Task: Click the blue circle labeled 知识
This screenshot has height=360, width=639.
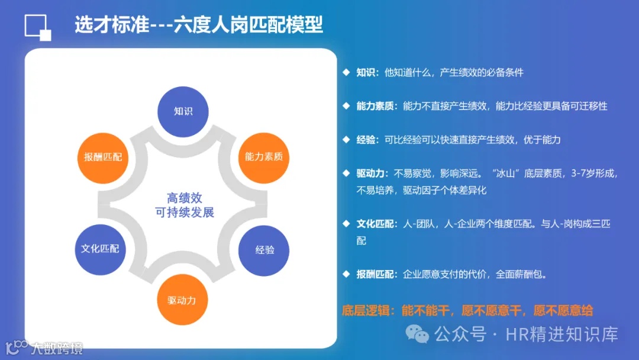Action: pos(183,111)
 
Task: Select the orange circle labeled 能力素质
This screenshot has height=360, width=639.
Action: pos(264,157)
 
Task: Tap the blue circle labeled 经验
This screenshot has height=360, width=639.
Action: pos(264,250)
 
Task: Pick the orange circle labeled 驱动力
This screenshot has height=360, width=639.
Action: pos(182,300)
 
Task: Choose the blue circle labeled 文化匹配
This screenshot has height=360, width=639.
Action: pos(100,249)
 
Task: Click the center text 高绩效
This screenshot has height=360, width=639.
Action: pos(184,198)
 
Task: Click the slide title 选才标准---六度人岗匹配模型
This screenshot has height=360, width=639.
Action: pos(199,25)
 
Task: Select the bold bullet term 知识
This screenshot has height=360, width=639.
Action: pos(366,73)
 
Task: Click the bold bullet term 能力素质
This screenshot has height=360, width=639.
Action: pos(375,106)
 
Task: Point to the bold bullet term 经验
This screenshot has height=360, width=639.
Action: pos(366,140)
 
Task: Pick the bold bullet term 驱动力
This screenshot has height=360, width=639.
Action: pos(370,173)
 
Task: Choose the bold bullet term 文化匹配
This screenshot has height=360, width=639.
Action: pos(375,224)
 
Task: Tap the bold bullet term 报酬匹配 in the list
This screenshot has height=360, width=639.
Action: pos(375,275)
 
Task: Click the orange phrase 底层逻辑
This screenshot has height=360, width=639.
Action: pos(366,310)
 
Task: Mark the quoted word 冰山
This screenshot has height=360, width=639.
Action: pos(502,173)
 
